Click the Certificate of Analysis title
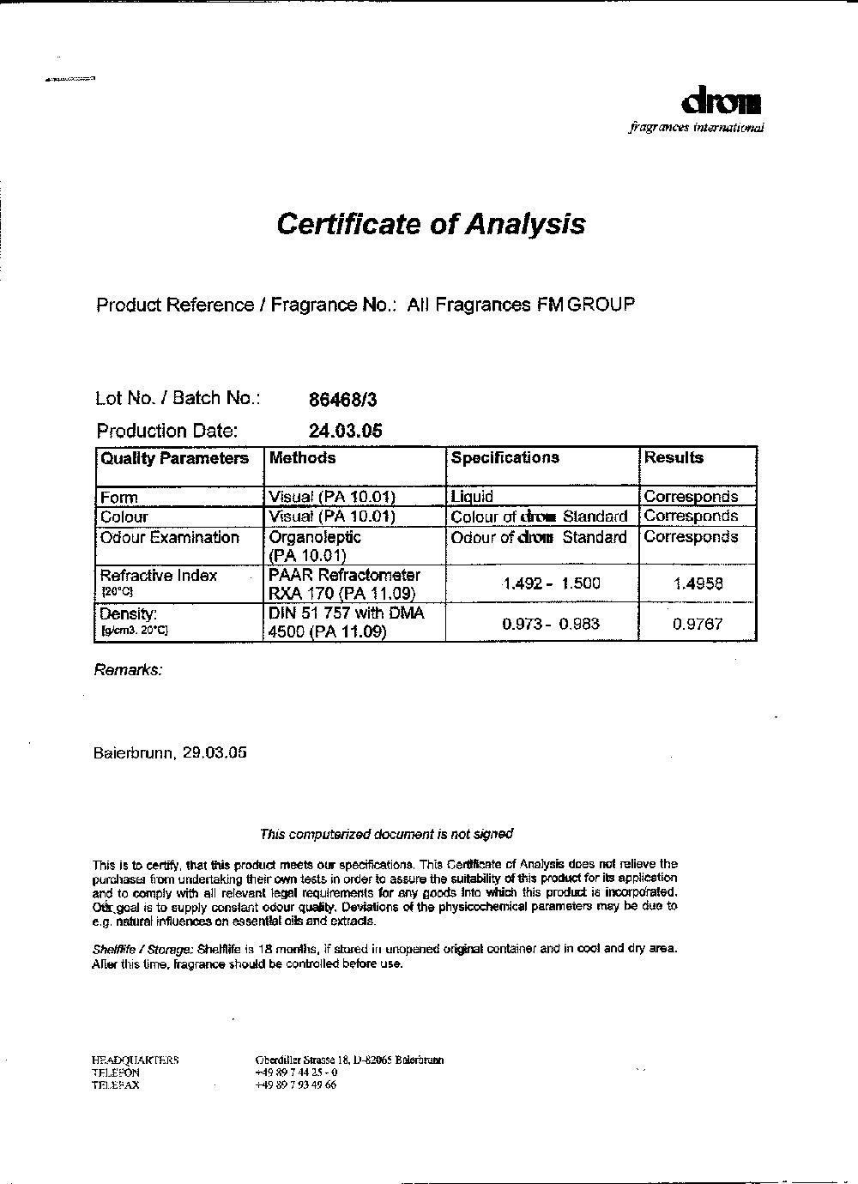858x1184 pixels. point(431,224)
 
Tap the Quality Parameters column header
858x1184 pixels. point(174,458)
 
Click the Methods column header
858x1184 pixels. point(302,458)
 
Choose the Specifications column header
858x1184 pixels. point(505,458)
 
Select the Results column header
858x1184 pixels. point(674,458)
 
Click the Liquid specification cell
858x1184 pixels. point(472,497)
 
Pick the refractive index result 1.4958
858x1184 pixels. point(698,584)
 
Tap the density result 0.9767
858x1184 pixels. point(698,625)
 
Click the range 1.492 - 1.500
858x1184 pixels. point(552,584)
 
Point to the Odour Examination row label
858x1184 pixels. point(170,538)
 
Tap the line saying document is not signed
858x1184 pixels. point(386,834)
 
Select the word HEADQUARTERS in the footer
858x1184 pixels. point(135,1060)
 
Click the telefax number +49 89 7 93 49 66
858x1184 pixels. point(296,1084)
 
